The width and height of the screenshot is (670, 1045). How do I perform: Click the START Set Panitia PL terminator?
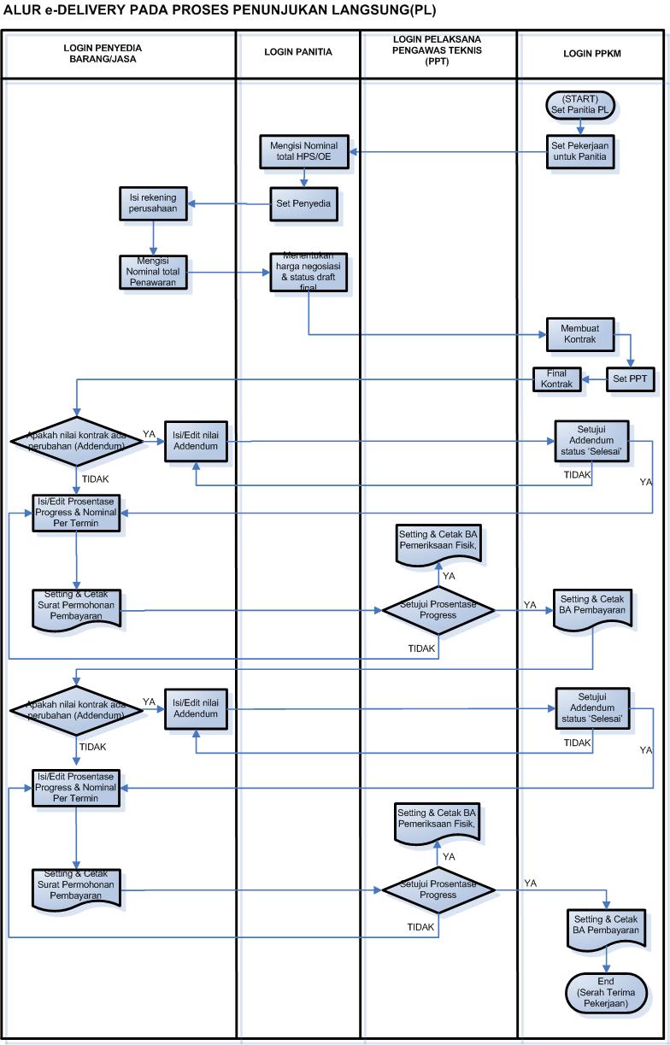click(x=580, y=104)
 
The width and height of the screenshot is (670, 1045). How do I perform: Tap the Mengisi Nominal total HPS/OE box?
click(x=303, y=151)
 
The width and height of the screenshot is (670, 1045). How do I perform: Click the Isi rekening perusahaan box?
click(x=153, y=203)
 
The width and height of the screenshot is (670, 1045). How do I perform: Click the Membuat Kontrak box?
click(x=580, y=334)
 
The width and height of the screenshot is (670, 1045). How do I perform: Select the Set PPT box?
click(x=630, y=379)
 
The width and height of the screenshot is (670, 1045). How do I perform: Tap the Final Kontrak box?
click(x=556, y=379)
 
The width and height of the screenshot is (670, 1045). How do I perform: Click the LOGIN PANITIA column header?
click(x=298, y=53)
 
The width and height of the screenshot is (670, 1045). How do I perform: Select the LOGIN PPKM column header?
click(x=592, y=53)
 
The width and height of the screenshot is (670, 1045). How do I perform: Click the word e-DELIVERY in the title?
click(x=77, y=10)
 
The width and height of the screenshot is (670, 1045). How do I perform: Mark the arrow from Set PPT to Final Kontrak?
click(x=594, y=379)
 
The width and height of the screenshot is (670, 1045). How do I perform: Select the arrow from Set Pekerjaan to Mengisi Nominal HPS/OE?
click(x=444, y=152)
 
